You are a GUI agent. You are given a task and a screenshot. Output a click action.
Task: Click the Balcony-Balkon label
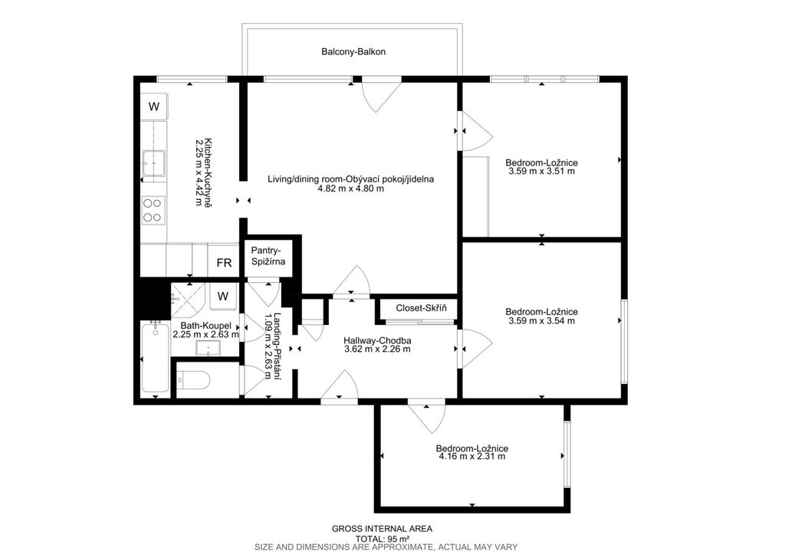coord(353,51)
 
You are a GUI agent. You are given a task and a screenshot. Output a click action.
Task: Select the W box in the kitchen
coord(154,106)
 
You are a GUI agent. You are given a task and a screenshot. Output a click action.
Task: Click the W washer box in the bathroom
coord(223,297)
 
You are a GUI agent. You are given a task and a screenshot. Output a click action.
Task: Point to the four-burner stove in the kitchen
coord(153,210)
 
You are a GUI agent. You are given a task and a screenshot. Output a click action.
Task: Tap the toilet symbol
coord(192,381)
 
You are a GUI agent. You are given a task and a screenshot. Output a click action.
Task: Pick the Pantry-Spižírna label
coord(268,255)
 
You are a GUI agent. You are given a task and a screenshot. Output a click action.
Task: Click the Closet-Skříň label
coord(421,308)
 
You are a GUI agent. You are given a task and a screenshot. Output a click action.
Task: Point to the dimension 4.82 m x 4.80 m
coord(351,188)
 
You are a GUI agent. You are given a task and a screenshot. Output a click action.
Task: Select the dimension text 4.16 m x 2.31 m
coord(472,457)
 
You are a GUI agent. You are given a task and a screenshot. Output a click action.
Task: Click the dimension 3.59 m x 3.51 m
coord(542,171)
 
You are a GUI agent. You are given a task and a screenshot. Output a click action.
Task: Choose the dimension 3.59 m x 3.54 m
coord(542,321)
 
